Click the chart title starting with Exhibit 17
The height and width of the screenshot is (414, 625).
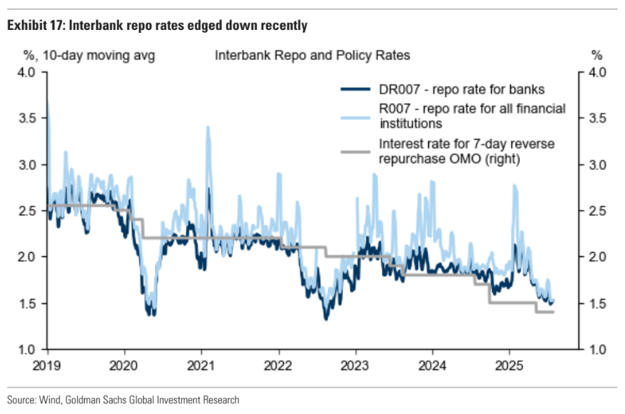tap(157, 26)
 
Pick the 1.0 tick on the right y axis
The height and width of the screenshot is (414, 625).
tap(597, 350)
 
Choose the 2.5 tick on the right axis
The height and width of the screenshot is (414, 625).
tap(597, 211)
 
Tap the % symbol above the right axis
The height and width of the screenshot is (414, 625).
tap(597, 55)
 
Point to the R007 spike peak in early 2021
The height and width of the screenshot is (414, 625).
tap(208, 127)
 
